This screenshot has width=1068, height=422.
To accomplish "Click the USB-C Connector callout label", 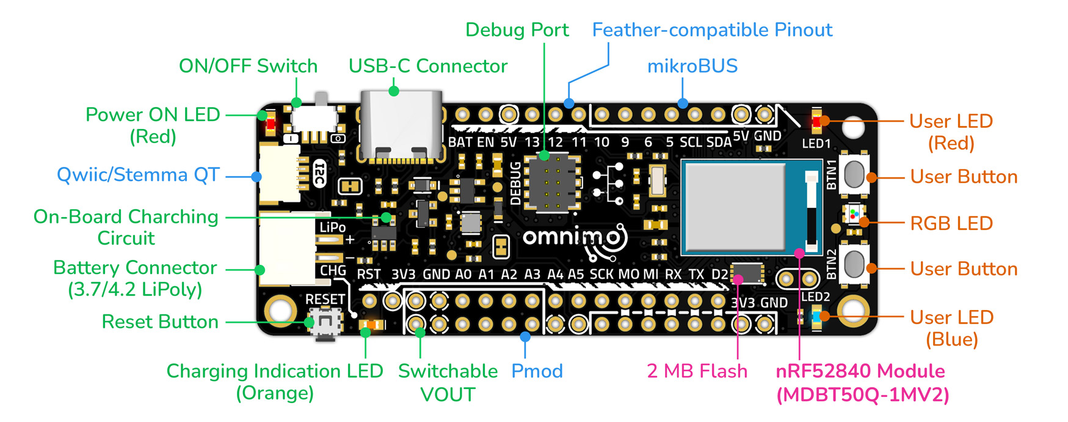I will coord(427,66).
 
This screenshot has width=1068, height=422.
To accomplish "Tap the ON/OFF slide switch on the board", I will coord(315,116).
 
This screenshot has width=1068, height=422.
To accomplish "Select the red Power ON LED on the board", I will coord(270,125).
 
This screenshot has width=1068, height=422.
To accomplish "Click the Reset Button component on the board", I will coord(324,322).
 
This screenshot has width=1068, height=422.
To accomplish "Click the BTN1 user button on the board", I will coord(854,176).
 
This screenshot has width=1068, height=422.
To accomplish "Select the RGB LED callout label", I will coord(951,223).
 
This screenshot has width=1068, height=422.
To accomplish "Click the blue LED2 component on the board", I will coord(816,317).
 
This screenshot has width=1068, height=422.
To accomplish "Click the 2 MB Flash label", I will coord(697,371).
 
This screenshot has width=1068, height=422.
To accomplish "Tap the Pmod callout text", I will coord(537,371).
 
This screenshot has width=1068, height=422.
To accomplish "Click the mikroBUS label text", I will coord(692,66).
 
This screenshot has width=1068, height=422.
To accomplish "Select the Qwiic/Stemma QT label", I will coord(138,175).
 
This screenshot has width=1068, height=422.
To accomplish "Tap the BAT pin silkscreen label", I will coord(460,143).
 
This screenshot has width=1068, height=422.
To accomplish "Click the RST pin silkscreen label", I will coord(368,275).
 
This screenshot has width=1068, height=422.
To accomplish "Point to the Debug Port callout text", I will coord(517,30).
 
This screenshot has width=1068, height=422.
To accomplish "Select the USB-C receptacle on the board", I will coord(400,125).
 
